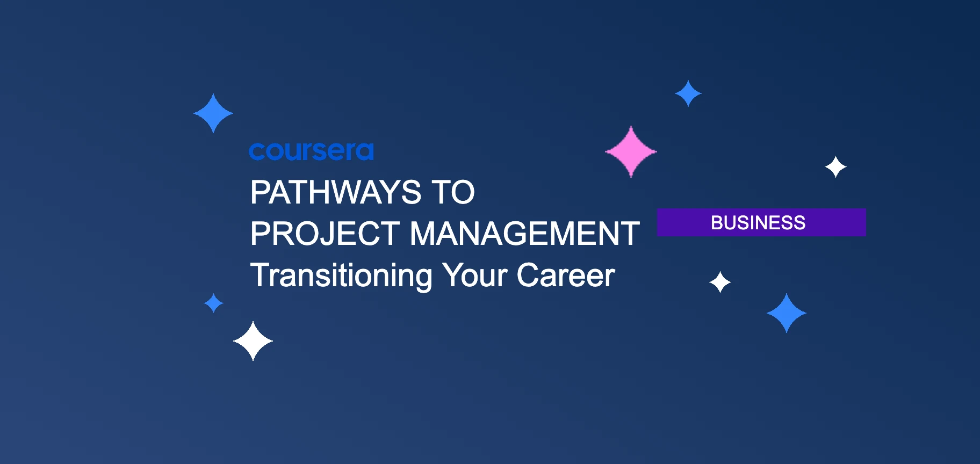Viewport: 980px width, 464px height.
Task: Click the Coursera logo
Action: pyautogui.click(x=311, y=151)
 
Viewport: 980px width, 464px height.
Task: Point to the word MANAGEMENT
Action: pyautogui.click(x=524, y=234)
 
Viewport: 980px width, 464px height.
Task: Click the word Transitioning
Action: pyautogui.click(x=341, y=275)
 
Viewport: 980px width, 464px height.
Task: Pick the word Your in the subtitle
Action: pyautogui.click(x=474, y=275)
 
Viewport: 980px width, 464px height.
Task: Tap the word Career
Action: pyautogui.click(x=565, y=275)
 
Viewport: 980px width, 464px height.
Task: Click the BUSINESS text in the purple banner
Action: pyautogui.click(x=758, y=222)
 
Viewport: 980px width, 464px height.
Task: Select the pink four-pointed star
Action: pyautogui.click(x=631, y=152)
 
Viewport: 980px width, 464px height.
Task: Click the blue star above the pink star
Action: pyautogui.click(x=688, y=93)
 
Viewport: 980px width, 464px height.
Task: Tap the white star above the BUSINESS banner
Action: pyautogui.click(x=835, y=167)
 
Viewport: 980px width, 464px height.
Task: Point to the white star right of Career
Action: pyautogui.click(x=720, y=282)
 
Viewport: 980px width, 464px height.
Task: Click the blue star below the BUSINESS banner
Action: pyautogui.click(x=787, y=313)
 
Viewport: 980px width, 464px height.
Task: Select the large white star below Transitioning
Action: pyautogui.click(x=253, y=341)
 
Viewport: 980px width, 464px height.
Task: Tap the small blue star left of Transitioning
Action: pyautogui.click(x=214, y=303)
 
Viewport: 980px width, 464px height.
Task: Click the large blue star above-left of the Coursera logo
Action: pyautogui.click(x=213, y=113)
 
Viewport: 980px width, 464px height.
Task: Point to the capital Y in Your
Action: pyautogui.click(x=452, y=275)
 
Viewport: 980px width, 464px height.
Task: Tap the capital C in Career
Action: pyautogui.click(x=528, y=275)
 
